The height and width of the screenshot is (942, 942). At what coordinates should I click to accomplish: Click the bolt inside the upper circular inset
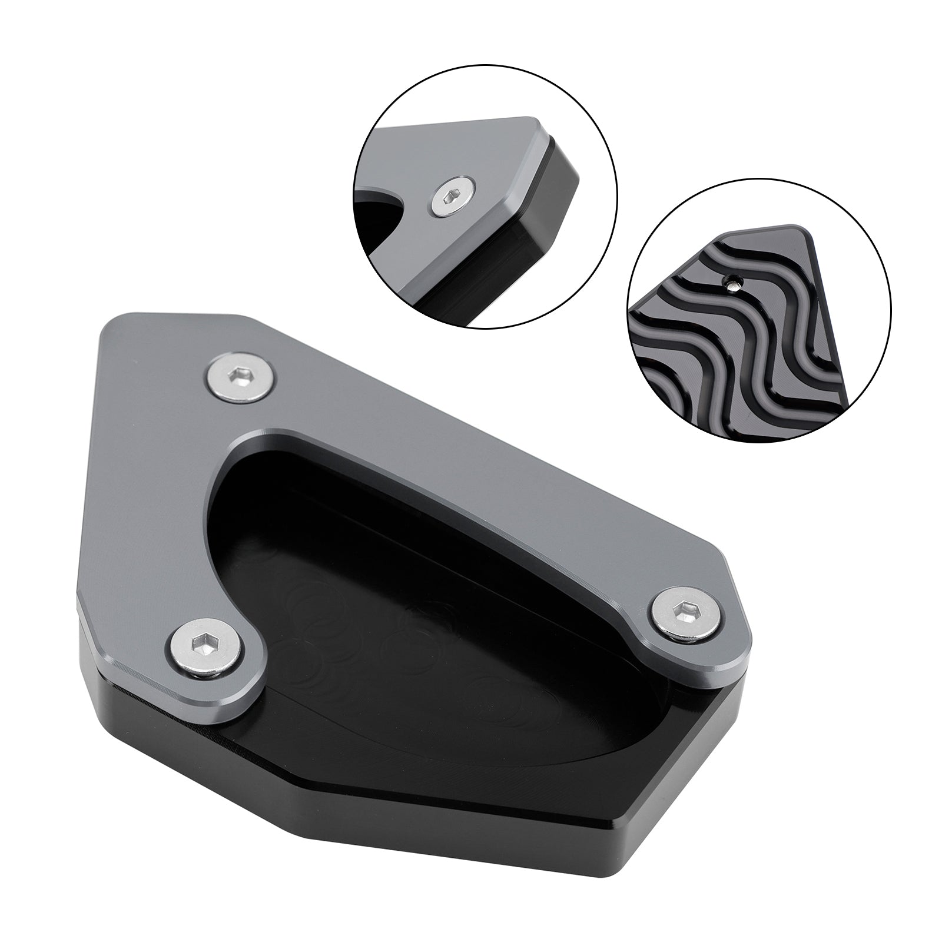pos(453,199)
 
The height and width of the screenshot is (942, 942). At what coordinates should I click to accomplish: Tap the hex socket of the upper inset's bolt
pos(453,200)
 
